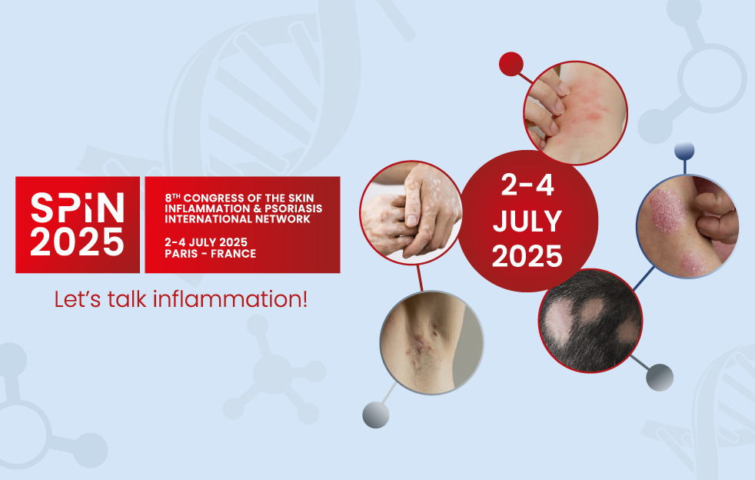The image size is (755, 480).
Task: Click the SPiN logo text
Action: click(78, 207)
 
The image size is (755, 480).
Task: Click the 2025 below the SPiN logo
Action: click(78, 242)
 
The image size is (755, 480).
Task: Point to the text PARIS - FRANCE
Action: click(211, 254)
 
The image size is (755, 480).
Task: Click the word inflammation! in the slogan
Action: click(230, 298)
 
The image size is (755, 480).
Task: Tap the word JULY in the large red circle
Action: click(527, 222)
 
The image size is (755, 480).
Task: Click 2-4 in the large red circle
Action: click(527, 185)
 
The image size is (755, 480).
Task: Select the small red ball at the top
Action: click(511, 64)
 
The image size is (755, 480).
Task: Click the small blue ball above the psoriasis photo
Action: click(684, 150)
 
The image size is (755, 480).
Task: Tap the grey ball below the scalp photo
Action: click(659, 378)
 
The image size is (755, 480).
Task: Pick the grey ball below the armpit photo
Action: click(375, 415)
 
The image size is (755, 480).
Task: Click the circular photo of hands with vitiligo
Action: click(411, 212)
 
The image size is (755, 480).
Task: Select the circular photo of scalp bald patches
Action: click(590, 321)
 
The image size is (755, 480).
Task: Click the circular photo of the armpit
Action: click(431, 342)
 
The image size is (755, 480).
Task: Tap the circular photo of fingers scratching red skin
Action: click(575, 113)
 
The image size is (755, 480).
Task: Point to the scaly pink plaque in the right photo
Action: click(667, 211)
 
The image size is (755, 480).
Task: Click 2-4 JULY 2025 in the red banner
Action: click(206, 242)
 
